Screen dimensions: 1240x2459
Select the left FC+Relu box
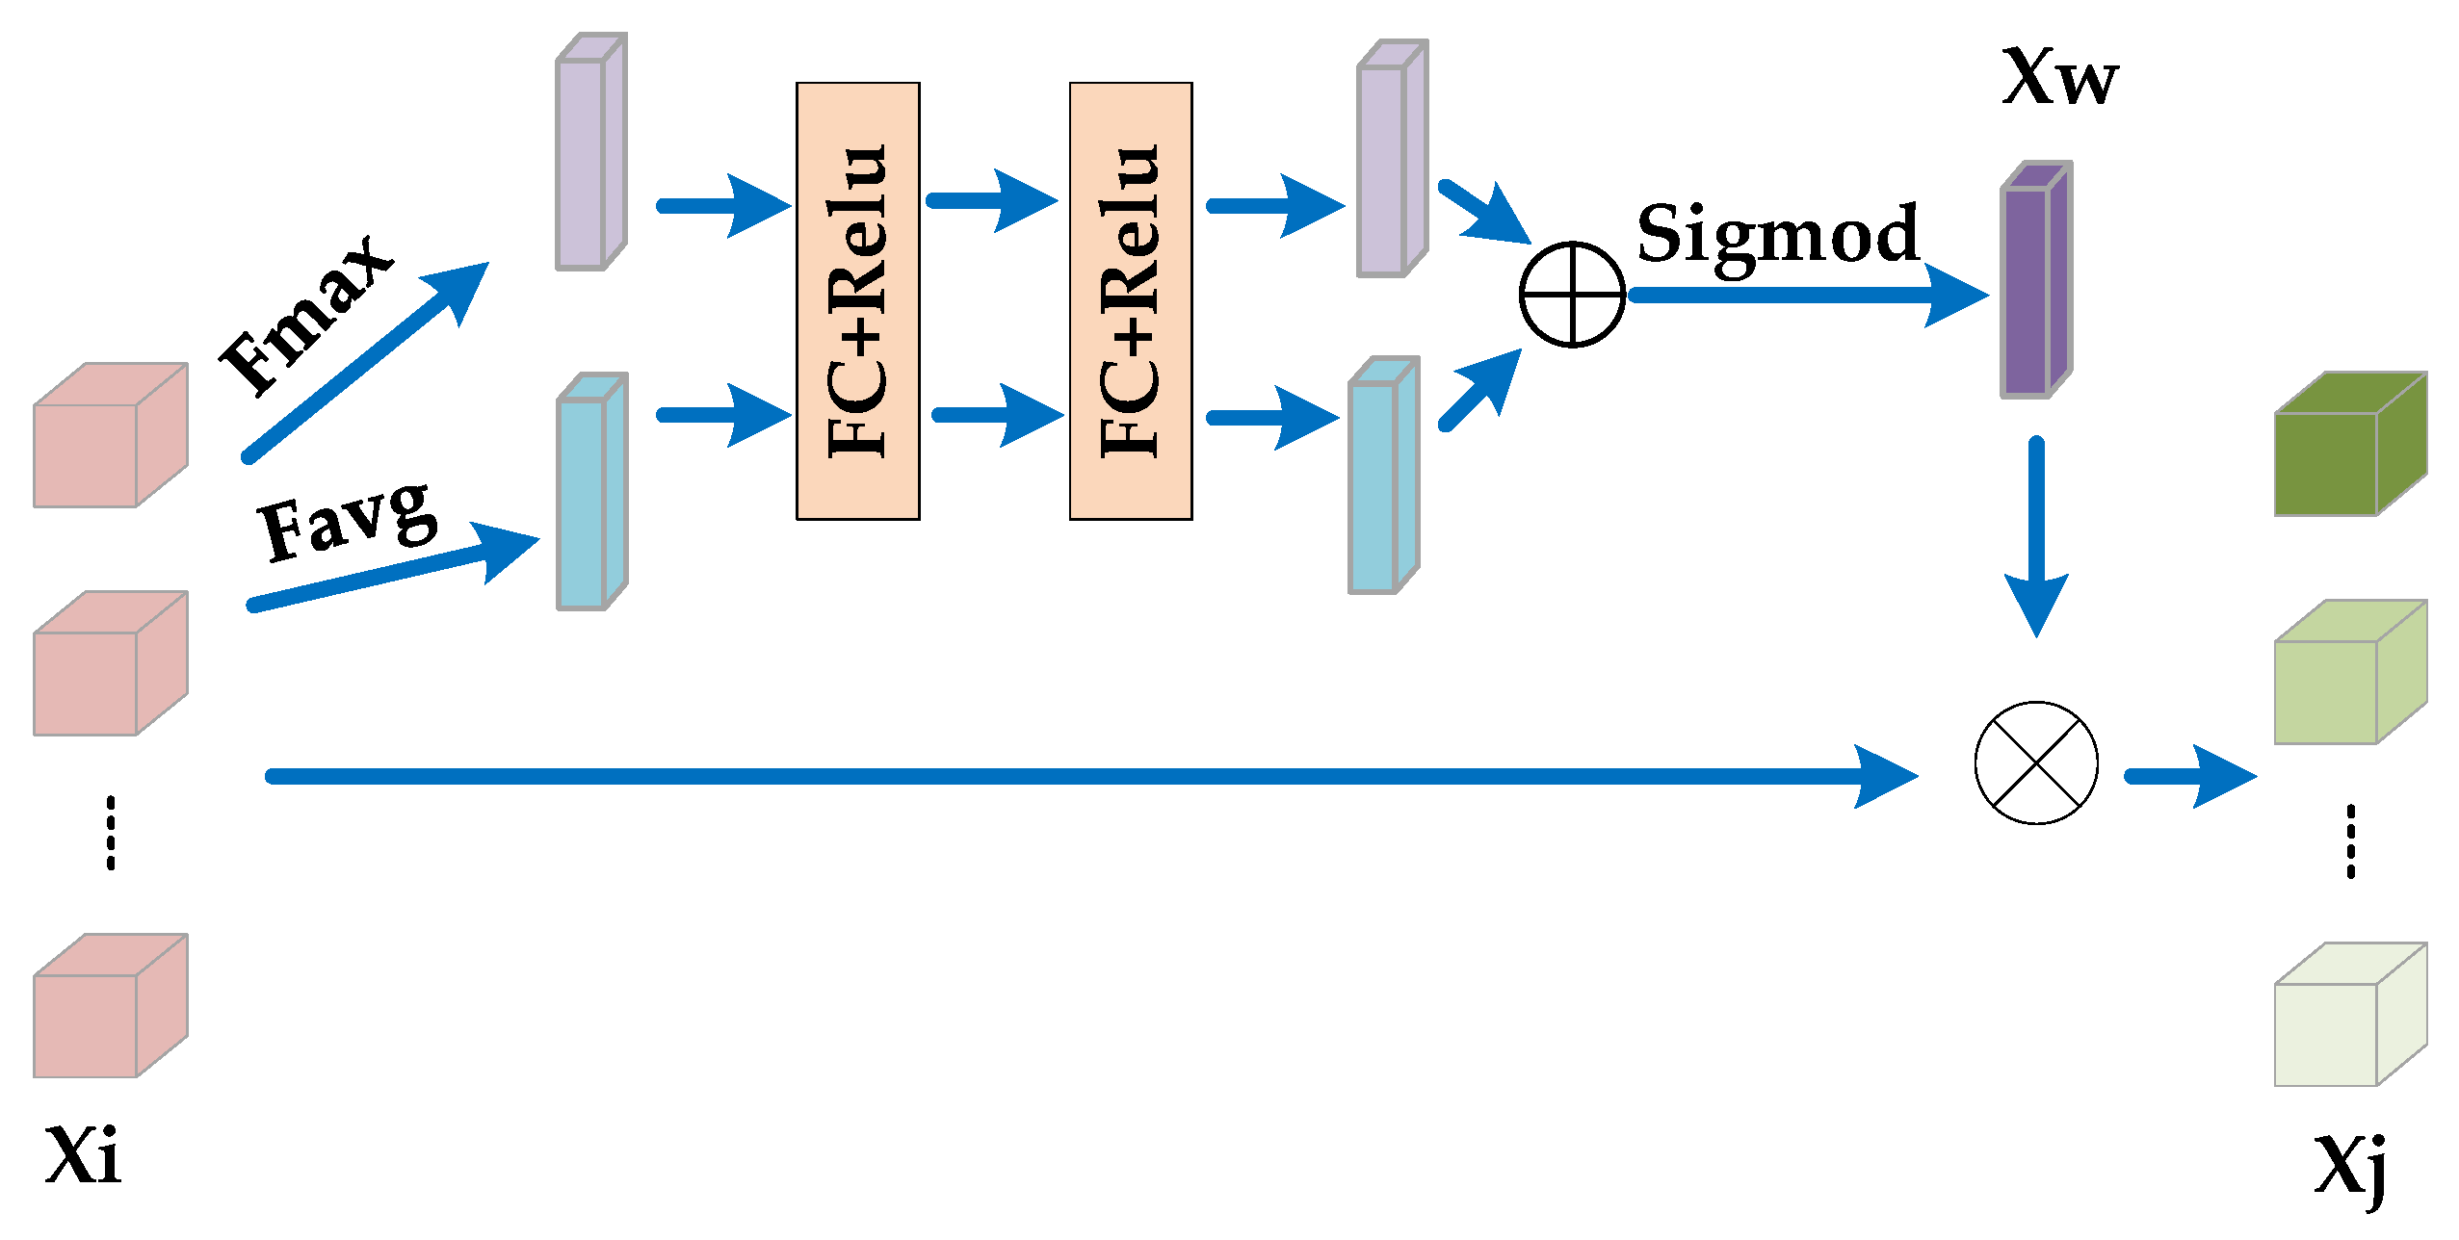[x=857, y=301]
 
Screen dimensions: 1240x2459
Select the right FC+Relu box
[x=1131, y=301]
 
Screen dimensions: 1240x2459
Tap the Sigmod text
[x=1778, y=235]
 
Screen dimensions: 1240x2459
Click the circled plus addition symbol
[x=1572, y=295]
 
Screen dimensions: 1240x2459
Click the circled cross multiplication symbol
[x=2036, y=762]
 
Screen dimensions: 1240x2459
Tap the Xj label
[x=2350, y=1165]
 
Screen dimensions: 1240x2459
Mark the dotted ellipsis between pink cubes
[x=111, y=833]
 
